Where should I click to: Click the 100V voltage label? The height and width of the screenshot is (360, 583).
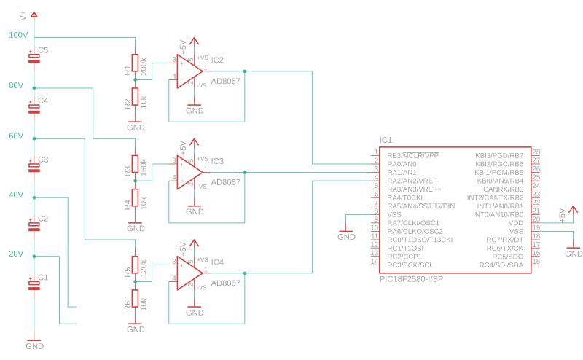(x=17, y=35)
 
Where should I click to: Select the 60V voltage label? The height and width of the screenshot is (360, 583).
(x=15, y=136)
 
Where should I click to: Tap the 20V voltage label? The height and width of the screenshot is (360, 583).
(x=15, y=254)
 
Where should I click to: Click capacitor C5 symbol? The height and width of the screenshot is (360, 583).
(x=34, y=58)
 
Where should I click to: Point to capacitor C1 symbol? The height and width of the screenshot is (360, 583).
(x=34, y=285)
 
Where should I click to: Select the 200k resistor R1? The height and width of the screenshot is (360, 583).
(x=135, y=63)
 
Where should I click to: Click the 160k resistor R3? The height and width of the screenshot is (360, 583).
(x=135, y=165)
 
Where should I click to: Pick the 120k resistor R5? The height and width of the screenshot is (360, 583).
(x=135, y=265)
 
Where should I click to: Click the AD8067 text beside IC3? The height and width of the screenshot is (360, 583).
(x=225, y=181)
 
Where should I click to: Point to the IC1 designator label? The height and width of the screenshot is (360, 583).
(x=386, y=140)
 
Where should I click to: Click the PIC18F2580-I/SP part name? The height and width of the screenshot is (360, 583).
(x=412, y=278)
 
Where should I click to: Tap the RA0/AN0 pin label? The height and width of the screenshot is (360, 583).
(x=402, y=164)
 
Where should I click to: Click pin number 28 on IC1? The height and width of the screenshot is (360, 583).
(x=536, y=152)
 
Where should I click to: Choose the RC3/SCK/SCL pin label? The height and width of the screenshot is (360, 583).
(x=410, y=264)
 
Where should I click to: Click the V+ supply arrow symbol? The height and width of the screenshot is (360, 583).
(x=34, y=15)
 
